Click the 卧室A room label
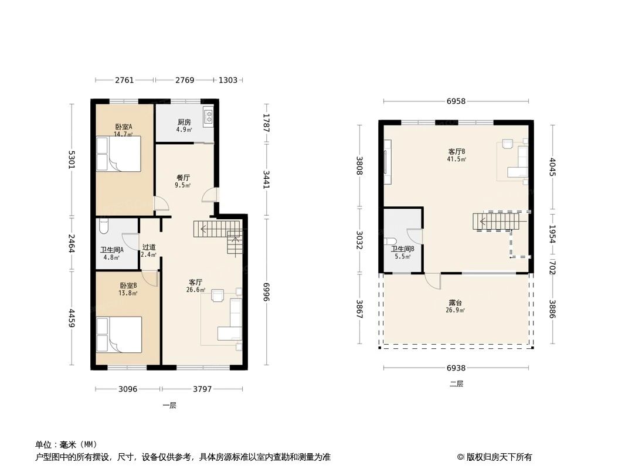tap(123, 127)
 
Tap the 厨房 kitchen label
tap(184, 123)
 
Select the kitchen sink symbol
tap(208, 117)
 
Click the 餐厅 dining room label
tap(183, 178)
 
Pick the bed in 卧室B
tap(119, 334)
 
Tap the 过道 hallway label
tap(149, 247)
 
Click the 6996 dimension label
tap(266, 288)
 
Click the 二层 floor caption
tap(456, 384)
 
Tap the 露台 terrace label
tap(456, 303)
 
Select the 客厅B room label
tap(456, 151)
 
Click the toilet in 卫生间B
tap(390, 242)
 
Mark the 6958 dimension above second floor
tap(456, 101)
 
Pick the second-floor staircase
tap(495, 222)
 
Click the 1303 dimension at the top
tap(228, 80)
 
